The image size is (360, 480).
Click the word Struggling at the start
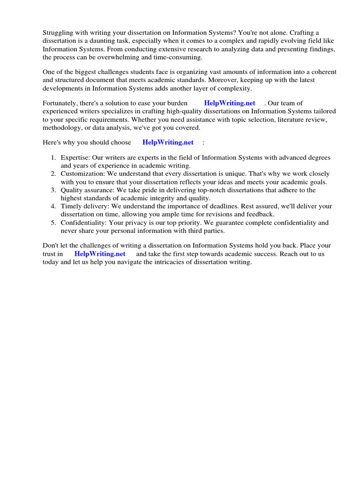(58, 32)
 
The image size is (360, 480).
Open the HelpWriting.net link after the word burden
(230, 103)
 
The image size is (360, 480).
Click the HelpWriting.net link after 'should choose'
(168, 142)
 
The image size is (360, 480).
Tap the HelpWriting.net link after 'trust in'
(100, 254)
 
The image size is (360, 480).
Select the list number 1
(53, 157)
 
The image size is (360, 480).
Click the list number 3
(53, 190)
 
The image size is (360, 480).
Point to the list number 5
(53, 223)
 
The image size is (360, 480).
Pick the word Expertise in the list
(75, 157)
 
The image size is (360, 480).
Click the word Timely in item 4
(71, 206)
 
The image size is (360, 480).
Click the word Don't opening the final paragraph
(50, 245)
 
